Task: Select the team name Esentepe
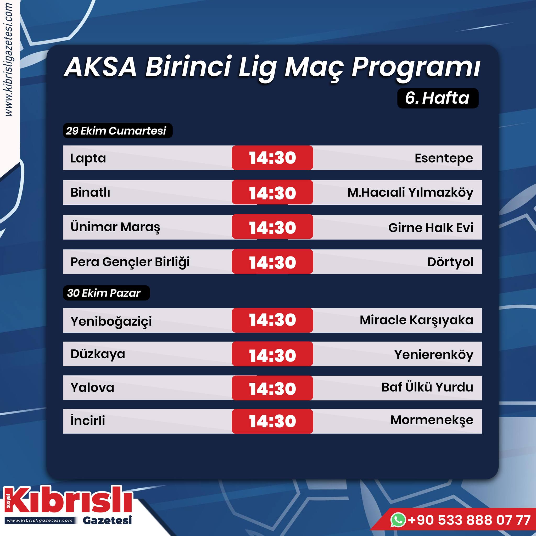[444, 158]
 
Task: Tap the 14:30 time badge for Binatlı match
[272, 193]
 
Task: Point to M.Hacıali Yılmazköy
[410, 193]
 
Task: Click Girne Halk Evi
[431, 228]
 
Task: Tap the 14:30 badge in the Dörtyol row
[272, 262]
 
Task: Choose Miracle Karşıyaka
[416, 320]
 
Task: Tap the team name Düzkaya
[98, 354]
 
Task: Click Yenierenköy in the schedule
[434, 355]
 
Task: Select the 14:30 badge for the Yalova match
[272, 388]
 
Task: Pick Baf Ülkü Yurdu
[427, 387]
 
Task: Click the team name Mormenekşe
[432, 421]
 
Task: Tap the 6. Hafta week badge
[438, 98]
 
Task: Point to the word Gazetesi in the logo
[107, 521]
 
